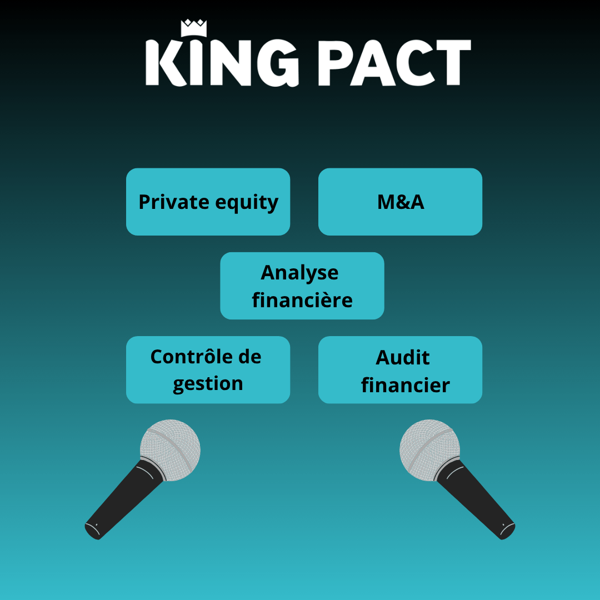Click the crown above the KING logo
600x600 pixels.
coord(194,28)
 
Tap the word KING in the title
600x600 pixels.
coord(222,62)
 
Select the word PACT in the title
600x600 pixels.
coord(394,62)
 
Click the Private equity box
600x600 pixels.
coord(208,202)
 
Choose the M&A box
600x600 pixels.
coord(400,202)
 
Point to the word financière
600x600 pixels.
coord(302,299)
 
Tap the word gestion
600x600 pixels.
coord(208,384)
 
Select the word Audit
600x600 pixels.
coord(403,357)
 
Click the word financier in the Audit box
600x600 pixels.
coord(406,384)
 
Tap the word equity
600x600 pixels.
coord(247,203)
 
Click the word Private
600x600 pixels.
coord(174,202)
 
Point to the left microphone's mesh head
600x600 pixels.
coord(171,449)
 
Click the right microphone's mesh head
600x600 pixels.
coord(429,449)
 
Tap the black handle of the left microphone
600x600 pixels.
coord(122,501)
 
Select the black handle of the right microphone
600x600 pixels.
coord(477,501)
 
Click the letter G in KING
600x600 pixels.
coord(278,62)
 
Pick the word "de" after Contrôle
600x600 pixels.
coord(250,356)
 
